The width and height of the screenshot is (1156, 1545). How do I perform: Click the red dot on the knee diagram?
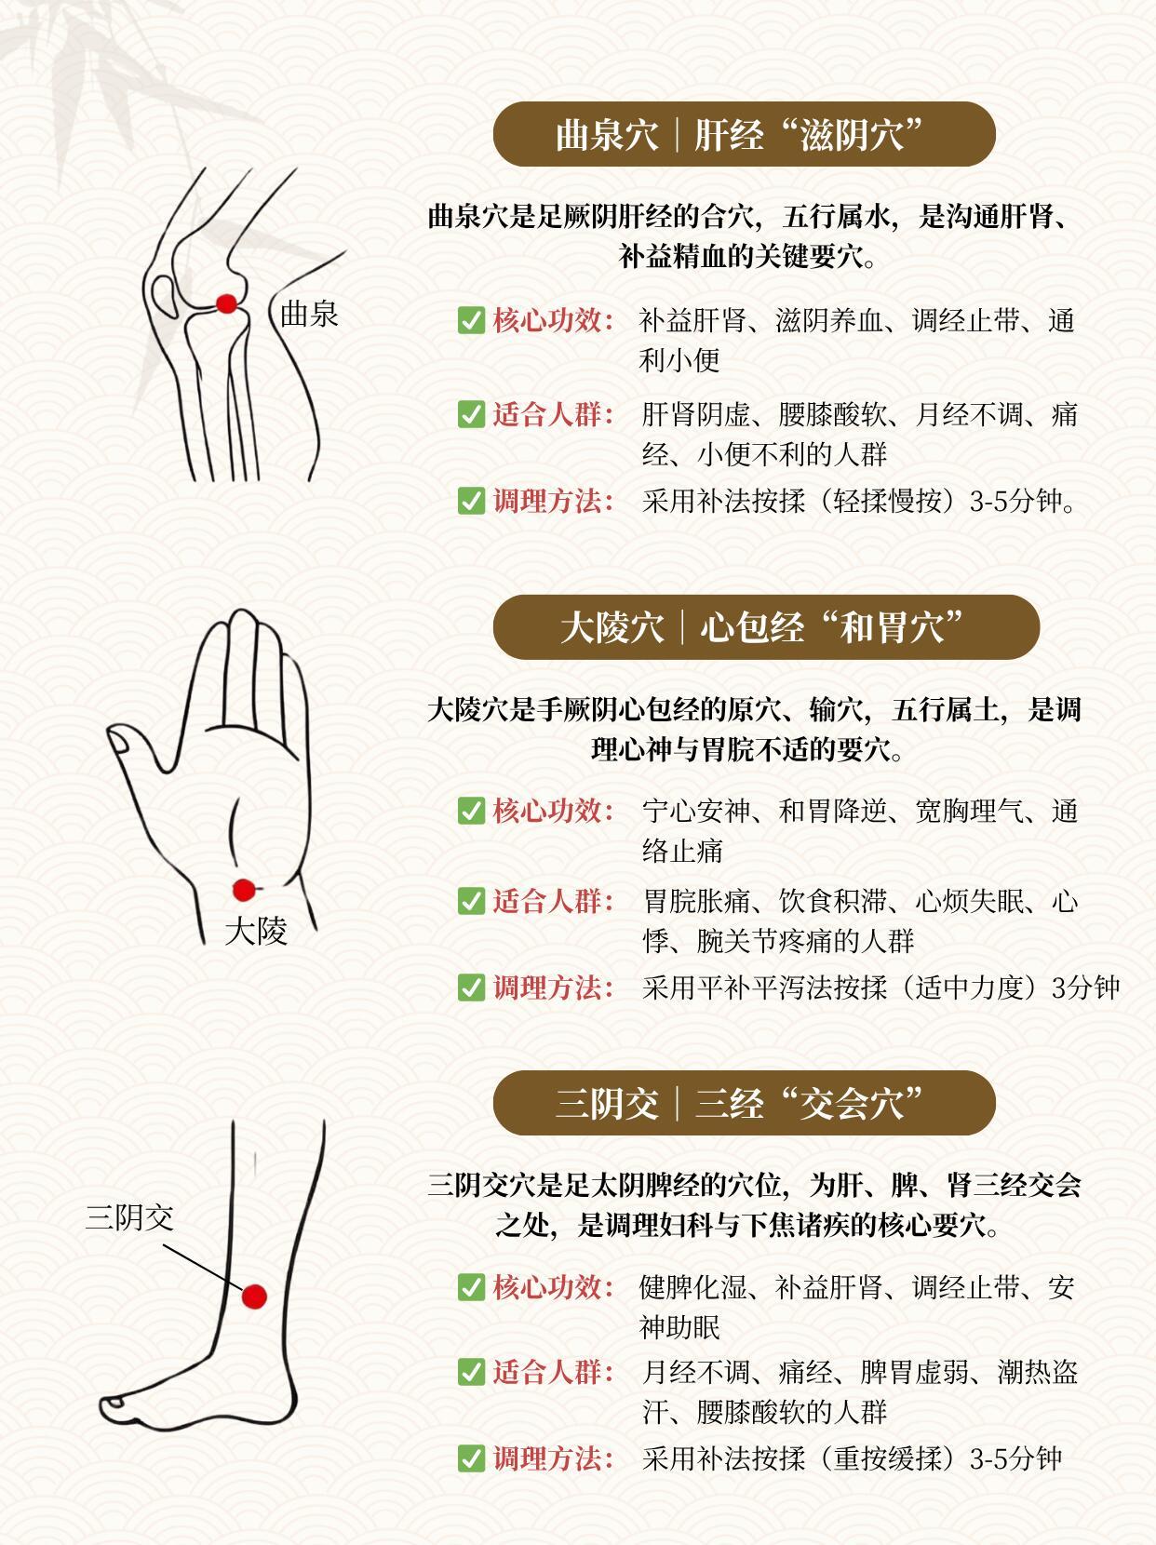coord(226,304)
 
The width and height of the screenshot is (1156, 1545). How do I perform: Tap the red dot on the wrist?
coord(244,891)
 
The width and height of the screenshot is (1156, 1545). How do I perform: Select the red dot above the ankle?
coord(254,1296)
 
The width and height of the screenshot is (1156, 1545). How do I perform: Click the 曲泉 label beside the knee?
coord(309,314)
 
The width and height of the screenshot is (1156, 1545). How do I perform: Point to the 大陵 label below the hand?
coord(255,932)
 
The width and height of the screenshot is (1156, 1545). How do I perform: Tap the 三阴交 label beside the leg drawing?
coord(129,1217)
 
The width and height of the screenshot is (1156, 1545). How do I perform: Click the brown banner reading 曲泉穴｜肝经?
coord(745,134)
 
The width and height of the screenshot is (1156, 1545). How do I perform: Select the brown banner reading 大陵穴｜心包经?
coord(766,626)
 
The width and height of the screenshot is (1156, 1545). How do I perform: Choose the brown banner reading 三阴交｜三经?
coord(745,1103)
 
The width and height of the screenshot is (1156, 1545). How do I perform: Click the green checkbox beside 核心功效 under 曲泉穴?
coord(471,321)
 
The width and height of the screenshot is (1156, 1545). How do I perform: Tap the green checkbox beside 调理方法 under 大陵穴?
coord(471,987)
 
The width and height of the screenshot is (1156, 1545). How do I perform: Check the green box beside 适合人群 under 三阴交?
coord(471,1372)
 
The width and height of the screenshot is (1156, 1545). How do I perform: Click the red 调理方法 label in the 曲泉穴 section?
coord(553,502)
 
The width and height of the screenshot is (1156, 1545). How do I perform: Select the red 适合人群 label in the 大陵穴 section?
coord(553,901)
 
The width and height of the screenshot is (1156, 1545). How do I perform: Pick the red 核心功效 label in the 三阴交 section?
coord(553,1287)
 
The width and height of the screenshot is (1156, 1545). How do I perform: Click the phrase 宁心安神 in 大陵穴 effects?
coord(696,812)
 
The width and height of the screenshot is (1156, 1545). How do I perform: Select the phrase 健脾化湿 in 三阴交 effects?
coord(693,1288)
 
